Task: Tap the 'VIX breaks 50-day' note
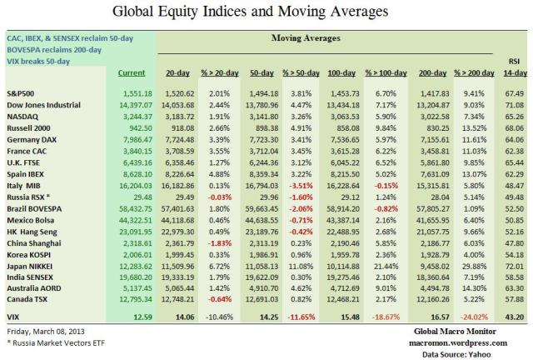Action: click(39, 61)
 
